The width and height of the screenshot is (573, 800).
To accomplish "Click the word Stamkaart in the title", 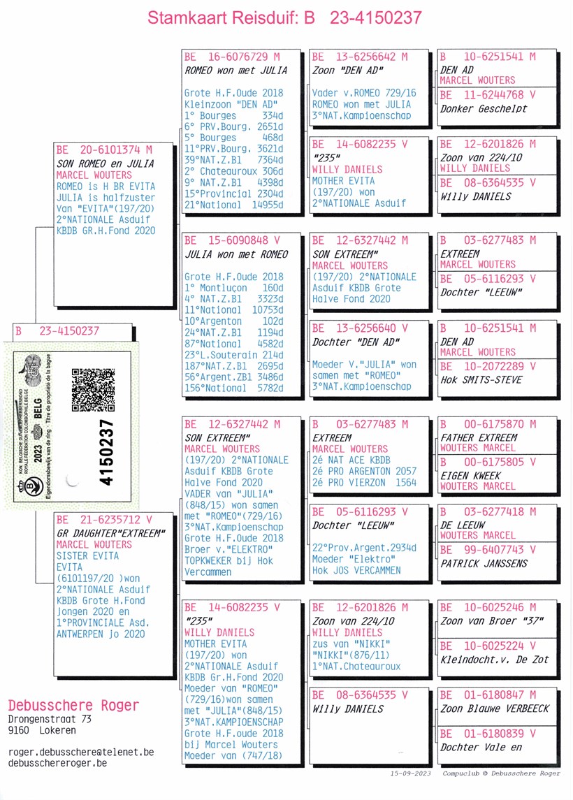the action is point(187,17).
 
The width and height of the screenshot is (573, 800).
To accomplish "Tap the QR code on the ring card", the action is point(94,390).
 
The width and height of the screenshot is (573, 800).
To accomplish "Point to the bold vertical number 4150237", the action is point(106,452).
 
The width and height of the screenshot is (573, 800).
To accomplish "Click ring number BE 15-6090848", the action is point(226,240).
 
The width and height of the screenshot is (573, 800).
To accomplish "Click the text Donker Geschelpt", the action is point(484,109).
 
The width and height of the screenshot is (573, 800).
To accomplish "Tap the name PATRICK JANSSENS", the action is point(484,564).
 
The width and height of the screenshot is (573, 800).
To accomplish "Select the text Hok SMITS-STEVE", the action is point(481,380).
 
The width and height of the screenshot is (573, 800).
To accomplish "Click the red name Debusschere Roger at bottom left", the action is point(73,706).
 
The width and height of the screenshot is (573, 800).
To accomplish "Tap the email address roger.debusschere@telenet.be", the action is point(81,752).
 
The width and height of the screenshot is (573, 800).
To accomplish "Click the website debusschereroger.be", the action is point(58,763).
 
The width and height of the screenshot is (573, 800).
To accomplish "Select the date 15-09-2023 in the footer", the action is point(411,773).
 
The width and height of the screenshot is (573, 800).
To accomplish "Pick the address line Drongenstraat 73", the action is point(50,719).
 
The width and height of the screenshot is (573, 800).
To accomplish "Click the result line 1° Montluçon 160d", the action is point(233,288).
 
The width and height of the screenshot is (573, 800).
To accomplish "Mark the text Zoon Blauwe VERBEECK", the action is point(495,708).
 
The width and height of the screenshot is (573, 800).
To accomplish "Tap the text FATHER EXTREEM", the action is point(479,438).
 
